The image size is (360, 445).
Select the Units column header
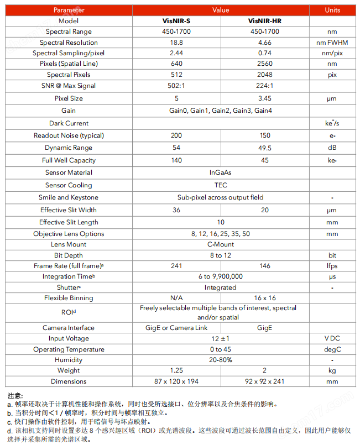[x=332, y=10]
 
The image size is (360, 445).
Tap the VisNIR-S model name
[x=176, y=21]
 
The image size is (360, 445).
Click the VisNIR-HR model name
[x=265, y=21]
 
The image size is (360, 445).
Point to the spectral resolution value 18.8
[x=176, y=43]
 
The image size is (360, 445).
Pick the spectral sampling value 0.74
[x=265, y=53]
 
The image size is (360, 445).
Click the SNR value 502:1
[x=176, y=86]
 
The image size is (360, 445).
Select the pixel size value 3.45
[x=265, y=98]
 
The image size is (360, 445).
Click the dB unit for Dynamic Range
[x=332, y=148]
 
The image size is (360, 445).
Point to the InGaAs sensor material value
[x=221, y=172]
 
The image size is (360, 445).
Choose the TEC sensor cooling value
[x=221, y=185]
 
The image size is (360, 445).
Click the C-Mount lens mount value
[x=221, y=244]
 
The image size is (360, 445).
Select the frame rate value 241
[x=176, y=266]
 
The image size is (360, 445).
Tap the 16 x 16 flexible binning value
[x=265, y=298]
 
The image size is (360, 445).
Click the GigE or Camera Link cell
[x=176, y=328]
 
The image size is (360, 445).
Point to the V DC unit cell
[x=332, y=338]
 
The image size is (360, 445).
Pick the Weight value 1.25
[x=176, y=370]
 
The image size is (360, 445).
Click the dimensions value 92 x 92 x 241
[x=265, y=381]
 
